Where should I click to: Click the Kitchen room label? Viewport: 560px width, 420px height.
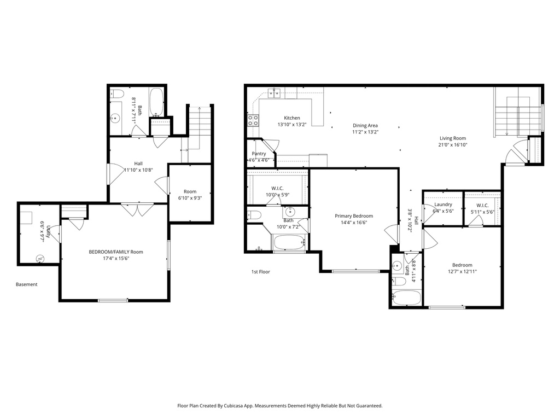[291, 118]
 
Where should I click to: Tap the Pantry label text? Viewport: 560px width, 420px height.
[259, 154]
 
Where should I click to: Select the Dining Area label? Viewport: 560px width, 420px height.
[365, 125]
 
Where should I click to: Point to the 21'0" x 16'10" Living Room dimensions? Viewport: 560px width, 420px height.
[453, 145]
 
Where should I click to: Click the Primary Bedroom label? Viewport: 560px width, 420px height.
[354, 216]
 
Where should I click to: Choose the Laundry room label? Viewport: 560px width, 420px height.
[443, 205]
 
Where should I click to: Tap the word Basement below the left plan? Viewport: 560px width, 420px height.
[27, 284]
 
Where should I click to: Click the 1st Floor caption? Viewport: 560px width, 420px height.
[260, 272]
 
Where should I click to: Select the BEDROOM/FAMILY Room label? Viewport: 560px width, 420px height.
[116, 252]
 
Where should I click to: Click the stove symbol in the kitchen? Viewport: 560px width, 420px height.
[253, 120]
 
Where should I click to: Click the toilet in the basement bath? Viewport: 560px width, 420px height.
[116, 95]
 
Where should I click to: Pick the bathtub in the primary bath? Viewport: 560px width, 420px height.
[289, 243]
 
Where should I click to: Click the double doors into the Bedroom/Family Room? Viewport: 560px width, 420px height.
[137, 209]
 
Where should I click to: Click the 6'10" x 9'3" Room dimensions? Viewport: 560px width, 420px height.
[190, 199]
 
